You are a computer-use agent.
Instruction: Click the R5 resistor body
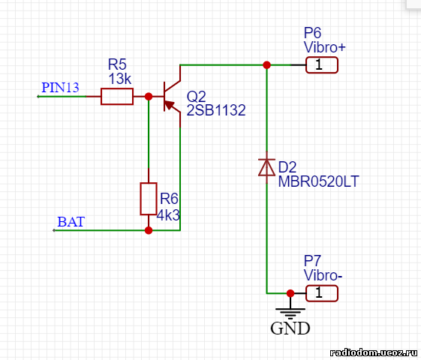[117, 96]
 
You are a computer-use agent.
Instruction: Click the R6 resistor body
[149, 199]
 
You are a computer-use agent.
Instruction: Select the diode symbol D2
[266, 167]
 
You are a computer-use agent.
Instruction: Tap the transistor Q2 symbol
[172, 96]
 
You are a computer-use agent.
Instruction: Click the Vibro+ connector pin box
[322, 65]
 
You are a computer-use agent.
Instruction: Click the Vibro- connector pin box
[322, 293]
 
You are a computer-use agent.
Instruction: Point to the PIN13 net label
[61, 88]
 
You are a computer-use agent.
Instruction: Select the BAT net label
[71, 222]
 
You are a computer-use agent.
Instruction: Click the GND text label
[290, 328]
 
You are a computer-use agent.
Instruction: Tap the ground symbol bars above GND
[290, 313]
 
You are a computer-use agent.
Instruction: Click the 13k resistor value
[120, 79]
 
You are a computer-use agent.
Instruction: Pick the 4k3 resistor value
[168, 215]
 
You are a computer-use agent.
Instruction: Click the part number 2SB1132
[216, 110]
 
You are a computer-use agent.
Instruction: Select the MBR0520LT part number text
[318, 181]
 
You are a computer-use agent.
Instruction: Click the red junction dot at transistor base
[149, 96]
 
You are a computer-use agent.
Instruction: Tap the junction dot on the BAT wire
[149, 230]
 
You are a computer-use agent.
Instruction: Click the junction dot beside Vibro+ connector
[266, 65]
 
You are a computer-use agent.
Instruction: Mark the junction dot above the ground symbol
[290, 293]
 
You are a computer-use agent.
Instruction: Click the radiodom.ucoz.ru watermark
[373, 352]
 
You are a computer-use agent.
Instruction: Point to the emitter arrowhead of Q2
[169, 105]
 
